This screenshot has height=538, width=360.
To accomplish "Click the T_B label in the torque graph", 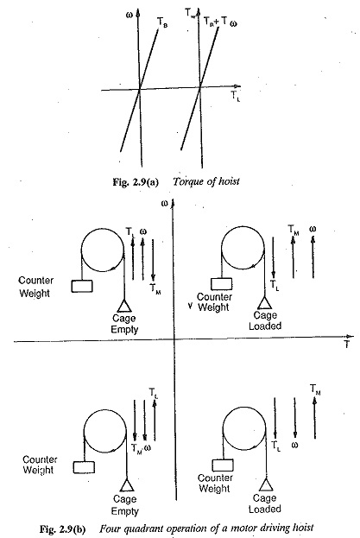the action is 162,22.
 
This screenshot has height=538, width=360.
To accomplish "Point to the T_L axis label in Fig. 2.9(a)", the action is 235,96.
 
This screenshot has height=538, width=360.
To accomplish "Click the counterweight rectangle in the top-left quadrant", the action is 82,286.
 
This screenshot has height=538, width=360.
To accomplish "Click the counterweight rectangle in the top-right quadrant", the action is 221,284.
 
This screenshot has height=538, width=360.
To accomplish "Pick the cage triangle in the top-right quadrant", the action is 264,303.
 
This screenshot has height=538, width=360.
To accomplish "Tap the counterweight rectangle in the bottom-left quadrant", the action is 84,467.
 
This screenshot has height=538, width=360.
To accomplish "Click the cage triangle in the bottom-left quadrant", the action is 127,485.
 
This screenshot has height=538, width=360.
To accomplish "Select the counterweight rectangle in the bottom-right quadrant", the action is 223,465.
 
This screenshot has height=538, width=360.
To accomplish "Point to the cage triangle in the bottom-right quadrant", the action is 266,484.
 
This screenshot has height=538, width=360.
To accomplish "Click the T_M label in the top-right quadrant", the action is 294,229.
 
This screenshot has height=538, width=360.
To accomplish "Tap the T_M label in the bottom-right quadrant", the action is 315,389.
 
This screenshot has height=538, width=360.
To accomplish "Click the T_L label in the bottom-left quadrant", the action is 154,393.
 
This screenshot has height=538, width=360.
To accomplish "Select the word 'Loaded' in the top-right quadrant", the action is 265,326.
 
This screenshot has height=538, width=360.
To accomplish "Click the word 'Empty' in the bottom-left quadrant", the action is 125,511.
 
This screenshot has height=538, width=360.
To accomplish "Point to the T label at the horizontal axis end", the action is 347,345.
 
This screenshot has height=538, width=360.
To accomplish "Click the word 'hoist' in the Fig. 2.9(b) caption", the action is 304,528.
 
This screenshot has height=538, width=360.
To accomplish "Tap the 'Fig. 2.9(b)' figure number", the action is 63,529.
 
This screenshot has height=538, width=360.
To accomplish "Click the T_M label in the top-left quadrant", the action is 155,288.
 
